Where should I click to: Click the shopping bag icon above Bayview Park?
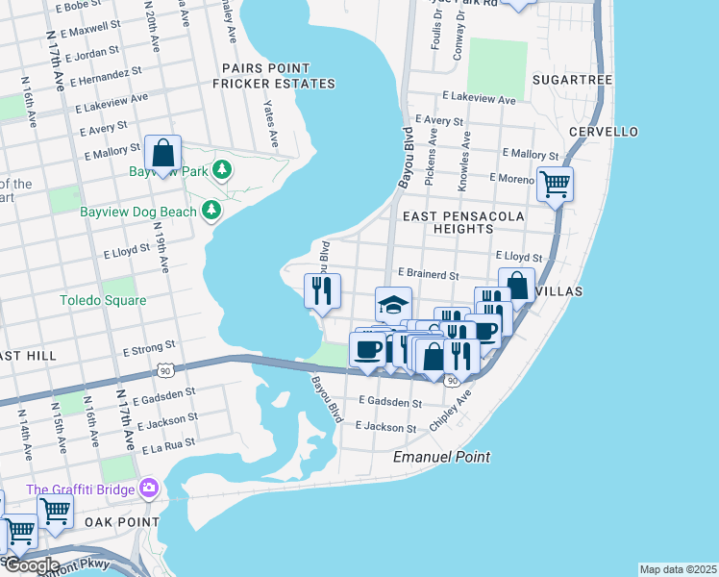coord(162,154)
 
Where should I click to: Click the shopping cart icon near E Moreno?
coord(555,183)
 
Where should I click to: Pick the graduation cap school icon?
coord(393,305)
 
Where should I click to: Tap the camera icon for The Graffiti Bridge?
coord(147,489)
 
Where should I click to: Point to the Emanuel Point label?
coord(441,457)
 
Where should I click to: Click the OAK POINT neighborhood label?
coord(121,521)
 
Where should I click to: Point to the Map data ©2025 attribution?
coord(677,569)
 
